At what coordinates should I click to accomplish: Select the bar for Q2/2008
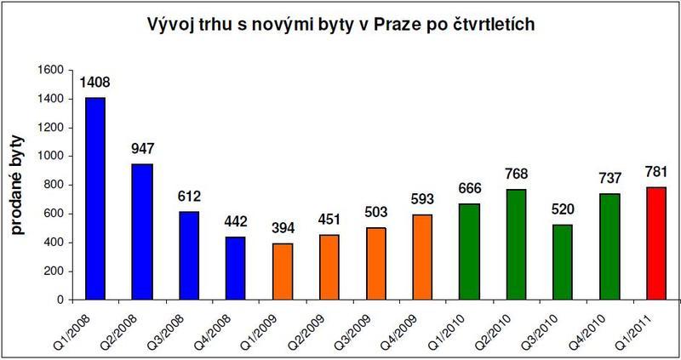point(141,231)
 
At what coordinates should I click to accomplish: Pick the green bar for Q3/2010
point(563,262)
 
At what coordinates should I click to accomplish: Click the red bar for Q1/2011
point(656,243)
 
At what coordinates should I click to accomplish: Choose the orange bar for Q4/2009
point(422,257)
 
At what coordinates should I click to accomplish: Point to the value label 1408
point(94,84)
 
